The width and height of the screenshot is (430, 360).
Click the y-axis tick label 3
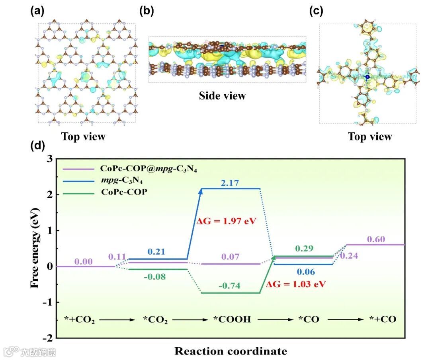[49, 159]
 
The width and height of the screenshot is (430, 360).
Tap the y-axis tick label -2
[47, 338]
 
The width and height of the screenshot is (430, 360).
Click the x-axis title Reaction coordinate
[231, 351]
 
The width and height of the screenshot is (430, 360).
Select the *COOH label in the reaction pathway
[232, 319]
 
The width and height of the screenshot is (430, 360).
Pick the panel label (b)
[146, 11]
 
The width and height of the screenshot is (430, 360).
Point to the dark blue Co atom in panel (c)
[367, 76]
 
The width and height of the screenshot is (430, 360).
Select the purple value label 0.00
[84, 262]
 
